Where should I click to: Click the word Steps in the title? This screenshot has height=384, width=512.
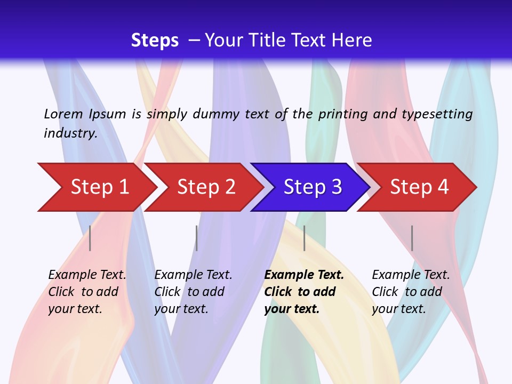pos(155,41)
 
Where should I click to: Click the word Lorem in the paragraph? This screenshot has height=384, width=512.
pos(63,114)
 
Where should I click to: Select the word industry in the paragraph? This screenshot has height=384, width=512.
pos(70,133)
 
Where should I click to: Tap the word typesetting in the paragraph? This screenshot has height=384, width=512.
pos(437,114)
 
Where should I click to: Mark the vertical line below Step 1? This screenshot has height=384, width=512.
pos(90,238)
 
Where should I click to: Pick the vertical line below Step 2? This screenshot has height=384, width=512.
pos(196,238)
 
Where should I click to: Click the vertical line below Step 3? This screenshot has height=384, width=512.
pos(304,238)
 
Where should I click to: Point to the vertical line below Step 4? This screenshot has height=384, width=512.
pos(412,238)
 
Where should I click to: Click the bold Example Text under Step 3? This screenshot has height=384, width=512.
pos(304,275)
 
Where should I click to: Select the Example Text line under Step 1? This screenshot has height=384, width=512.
pos(87,275)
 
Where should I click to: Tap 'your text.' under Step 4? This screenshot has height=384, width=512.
pos(398,309)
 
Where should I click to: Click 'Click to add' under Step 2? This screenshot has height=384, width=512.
pos(189,292)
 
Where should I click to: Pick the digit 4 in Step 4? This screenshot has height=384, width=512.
pos(443,187)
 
